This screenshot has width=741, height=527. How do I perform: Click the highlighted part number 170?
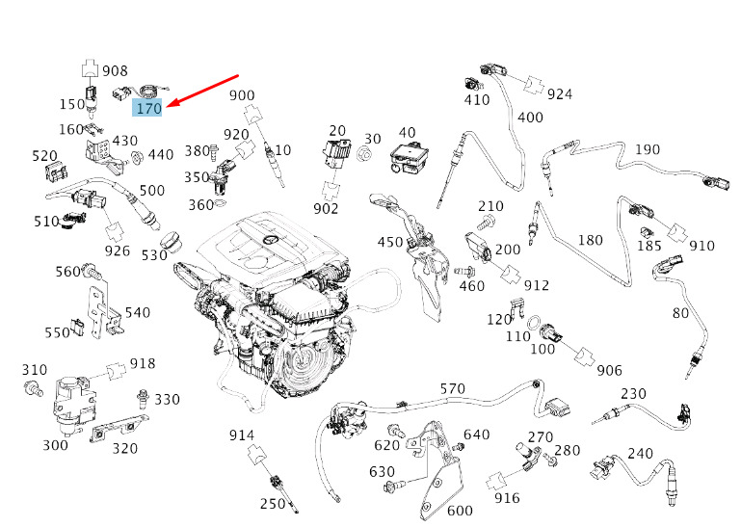pyautogui.click(x=148, y=108)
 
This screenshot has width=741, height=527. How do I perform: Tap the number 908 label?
pyautogui.click(x=115, y=70)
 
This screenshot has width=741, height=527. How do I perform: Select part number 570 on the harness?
pyautogui.click(x=452, y=389)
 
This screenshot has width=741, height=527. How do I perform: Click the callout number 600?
pyautogui.click(x=460, y=511)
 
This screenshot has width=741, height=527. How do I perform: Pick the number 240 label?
pyautogui.click(x=640, y=453)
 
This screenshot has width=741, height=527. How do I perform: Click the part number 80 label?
pyautogui.click(x=681, y=312)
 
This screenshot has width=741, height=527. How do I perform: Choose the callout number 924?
pyautogui.click(x=559, y=93)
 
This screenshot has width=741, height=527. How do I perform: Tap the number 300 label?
pyautogui.click(x=55, y=445)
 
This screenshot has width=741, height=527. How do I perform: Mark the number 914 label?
pyautogui.click(x=242, y=435)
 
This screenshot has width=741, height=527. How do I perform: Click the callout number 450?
pyautogui.click(x=390, y=241)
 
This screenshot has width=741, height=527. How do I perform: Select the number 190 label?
pyautogui.click(x=648, y=149)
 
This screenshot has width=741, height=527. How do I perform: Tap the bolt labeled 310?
pyautogui.click(x=34, y=390)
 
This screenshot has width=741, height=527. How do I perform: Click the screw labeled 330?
pyautogui.click(x=143, y=397)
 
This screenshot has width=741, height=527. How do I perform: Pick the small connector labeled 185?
pyautogui.click(x=645, y=231)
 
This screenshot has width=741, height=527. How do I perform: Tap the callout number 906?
pyautogui.click(x=609, y=370)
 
